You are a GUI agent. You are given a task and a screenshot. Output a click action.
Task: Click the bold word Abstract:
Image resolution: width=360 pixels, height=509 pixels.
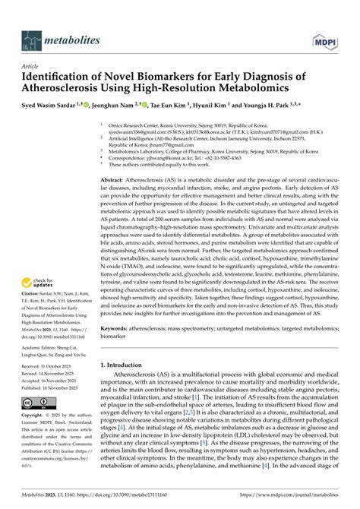(116, 180)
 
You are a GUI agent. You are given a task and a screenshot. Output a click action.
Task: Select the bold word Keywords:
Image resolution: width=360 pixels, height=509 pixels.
(118, 350)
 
